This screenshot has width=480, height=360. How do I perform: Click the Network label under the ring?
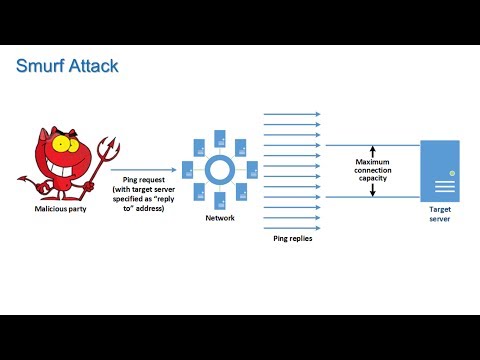tap(221, 216)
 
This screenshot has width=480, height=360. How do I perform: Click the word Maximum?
tap(372, 162)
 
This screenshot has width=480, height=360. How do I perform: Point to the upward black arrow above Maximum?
tap(372, 149)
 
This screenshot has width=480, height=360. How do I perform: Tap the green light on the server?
tap(451, 173)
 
